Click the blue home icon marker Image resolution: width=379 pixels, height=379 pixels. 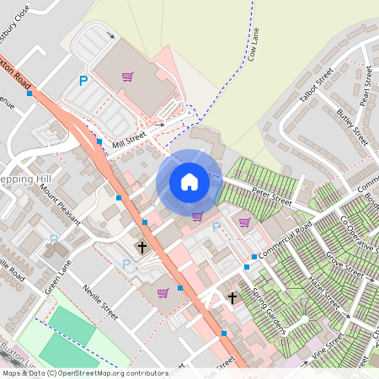pyautogui.click(x=189, y=182)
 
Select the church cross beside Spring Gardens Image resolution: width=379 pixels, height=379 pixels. pyautogui.click(x=232, y=298)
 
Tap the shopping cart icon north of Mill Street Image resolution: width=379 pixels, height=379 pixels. pyautogui.click(x=127, y=77)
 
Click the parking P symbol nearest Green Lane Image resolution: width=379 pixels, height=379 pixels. pyautogui.click(x=127, y=264)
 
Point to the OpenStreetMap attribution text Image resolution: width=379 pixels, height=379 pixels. pyautogui.click(x=83, y=372)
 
